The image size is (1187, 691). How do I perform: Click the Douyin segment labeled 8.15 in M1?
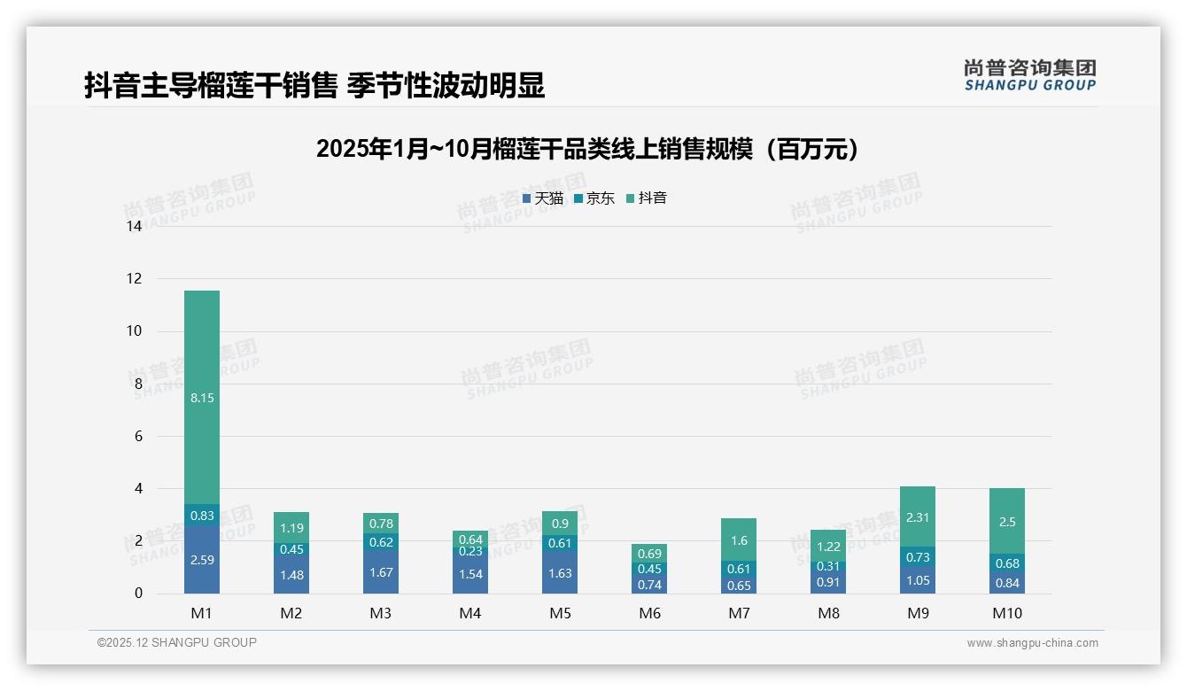point(202,397)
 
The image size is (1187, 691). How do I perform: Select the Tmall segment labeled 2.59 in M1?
point(202,560)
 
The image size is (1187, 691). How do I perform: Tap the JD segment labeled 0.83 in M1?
point(202,515)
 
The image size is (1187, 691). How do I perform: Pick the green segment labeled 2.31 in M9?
point(918,516)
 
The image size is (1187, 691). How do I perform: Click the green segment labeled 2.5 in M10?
point(1007,521)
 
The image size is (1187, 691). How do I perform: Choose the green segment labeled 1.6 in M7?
point(739,540)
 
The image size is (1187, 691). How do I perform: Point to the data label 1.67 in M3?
point(381,572)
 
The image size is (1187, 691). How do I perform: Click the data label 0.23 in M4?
point(470,551)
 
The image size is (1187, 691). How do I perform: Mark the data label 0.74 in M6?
point(649,585)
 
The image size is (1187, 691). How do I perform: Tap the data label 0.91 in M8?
point(828,582)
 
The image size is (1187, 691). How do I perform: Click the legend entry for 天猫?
point(542,198)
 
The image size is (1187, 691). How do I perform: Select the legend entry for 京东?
point(593,198)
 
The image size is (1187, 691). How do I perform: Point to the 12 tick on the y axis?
point(135,279)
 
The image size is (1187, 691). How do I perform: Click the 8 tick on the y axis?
point(138,384)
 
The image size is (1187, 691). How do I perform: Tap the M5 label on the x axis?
point(560,613)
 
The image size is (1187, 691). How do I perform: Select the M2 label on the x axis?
point(291,613)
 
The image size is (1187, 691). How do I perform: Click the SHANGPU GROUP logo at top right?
point(1029,75)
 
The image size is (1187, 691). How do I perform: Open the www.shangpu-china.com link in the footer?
point(1032,643)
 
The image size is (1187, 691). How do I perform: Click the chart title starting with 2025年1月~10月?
point(588,149)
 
